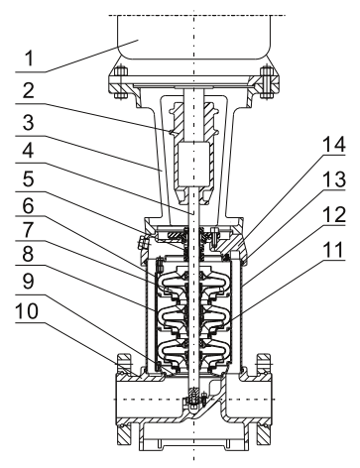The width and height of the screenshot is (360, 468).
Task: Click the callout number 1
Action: tap(30, 58)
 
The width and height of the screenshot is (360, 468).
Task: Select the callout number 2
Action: tap(28, 90)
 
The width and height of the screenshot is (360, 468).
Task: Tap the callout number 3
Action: tap(28, 122)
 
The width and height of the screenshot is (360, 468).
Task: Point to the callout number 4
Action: tap(28, 151)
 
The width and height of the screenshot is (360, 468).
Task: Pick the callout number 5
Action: tap(28, 179)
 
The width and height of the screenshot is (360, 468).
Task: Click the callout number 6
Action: tap(28, 206)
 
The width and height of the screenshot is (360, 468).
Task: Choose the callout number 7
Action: tap(28, 231)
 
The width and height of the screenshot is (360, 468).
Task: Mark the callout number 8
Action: tap(28, 255)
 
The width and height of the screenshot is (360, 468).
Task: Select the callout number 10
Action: tap(27, 311)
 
